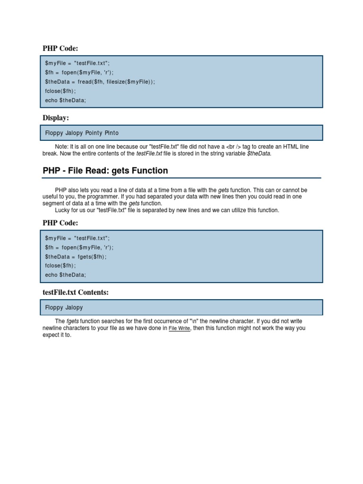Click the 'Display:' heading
coord(56,118)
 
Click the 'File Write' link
coord(180,328)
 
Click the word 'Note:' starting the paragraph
coord(61,147)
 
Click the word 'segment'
coord(53,204)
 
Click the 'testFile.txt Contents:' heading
coord(76,293)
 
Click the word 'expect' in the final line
coord(51,335)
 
